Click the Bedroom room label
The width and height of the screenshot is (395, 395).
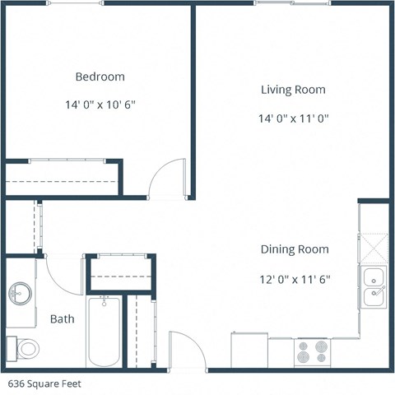click(100, 77)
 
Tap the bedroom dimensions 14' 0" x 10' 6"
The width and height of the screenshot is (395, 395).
click(100, 105)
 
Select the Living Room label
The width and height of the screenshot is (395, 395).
click(293, 90)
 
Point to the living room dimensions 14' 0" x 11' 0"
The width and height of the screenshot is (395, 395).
click(293, 118)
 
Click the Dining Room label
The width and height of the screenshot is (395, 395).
click(295, 249)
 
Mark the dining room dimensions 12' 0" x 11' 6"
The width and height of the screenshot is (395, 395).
click(295, 279)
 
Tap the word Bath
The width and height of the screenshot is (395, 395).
click(63, 318)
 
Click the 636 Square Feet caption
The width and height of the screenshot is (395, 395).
click(45, 383)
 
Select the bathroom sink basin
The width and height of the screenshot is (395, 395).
click(20, 293)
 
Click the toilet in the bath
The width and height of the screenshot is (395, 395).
click(25, 348)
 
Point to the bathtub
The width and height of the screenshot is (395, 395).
click(104, 332)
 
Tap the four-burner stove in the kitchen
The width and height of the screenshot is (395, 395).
click(313, 353)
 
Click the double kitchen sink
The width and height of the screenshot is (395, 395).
click(374, 287)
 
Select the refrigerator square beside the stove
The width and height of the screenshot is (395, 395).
click(249, 350)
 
